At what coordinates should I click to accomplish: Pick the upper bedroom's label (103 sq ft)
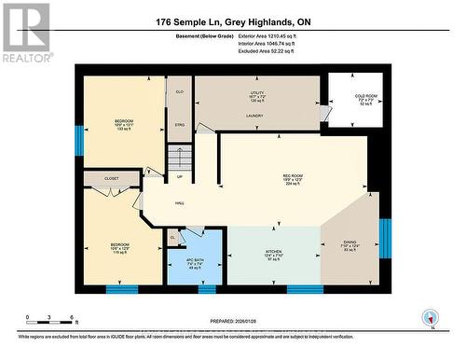point(125,125)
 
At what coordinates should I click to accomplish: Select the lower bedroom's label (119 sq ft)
point(111,248)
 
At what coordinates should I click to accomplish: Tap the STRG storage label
point(178,123)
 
